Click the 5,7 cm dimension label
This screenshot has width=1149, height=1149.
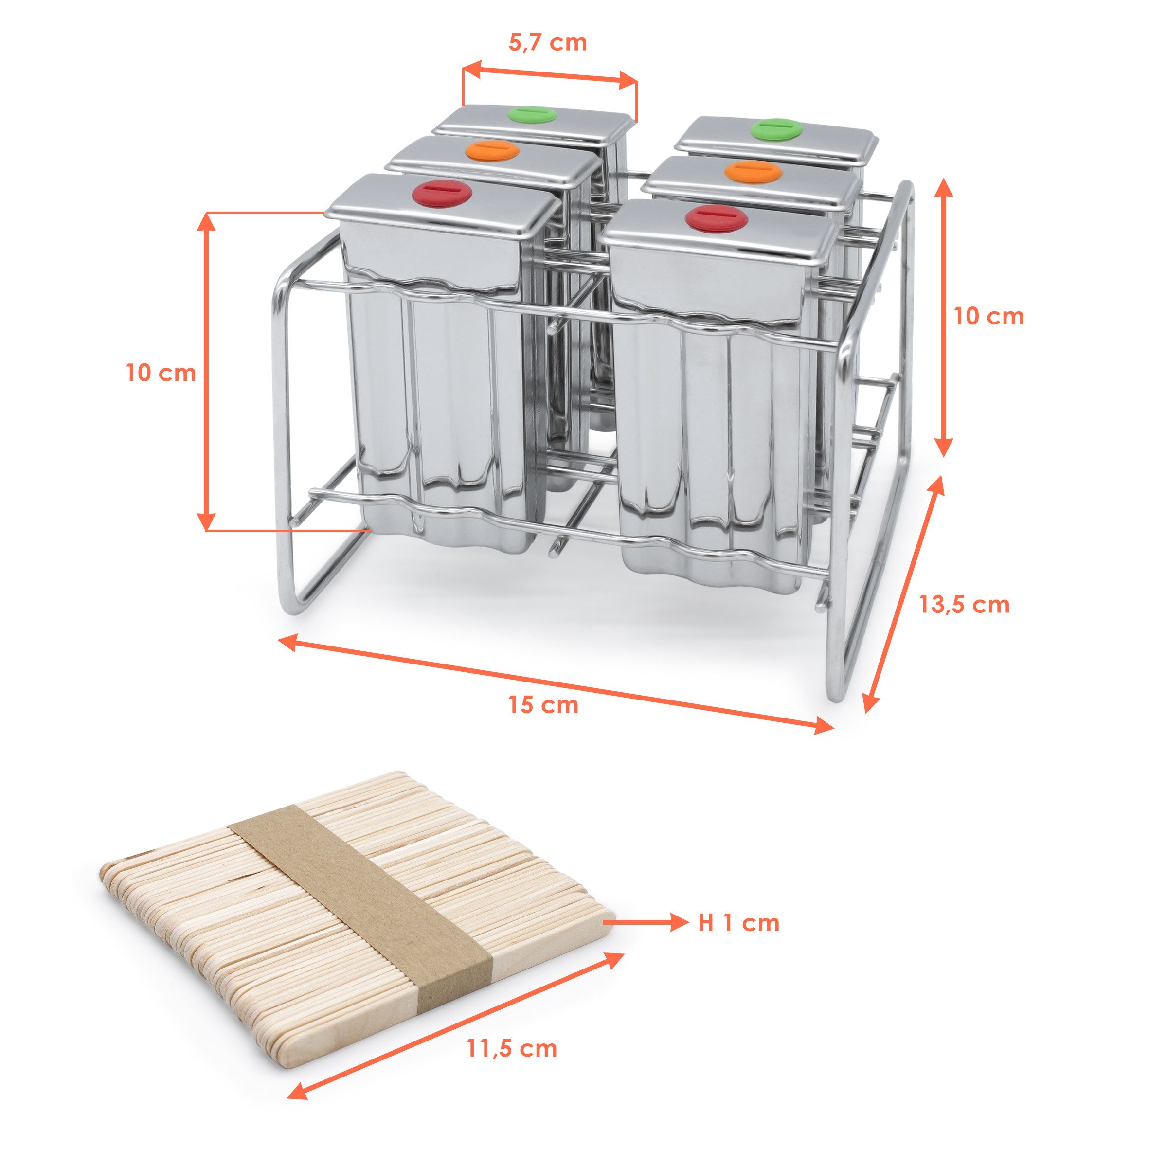(548, 43)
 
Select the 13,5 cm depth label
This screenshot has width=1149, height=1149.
(965, 605)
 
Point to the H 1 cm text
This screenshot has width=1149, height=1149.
(738, 922)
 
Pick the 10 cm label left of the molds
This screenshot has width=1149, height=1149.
(161, 373)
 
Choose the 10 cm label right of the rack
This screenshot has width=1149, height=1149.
(989, 316)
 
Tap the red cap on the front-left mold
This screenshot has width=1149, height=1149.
(442, 194)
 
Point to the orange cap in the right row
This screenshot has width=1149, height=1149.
(753, 171)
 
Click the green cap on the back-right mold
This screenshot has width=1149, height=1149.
(776, 129)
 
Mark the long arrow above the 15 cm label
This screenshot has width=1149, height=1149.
(556, 683)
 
